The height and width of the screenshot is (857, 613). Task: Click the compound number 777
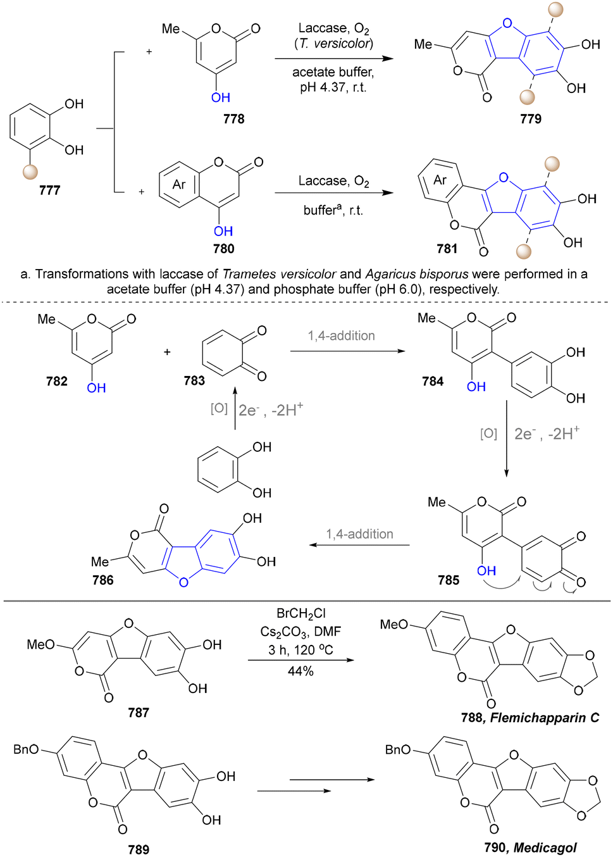click(50, 190)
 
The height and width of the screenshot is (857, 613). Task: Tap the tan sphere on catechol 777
click(30, 172)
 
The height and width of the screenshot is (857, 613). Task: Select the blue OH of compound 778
click(221, 97)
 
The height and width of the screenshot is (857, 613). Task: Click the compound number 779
click(531, 119)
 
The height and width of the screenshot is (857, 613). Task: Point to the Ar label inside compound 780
click(179, 185)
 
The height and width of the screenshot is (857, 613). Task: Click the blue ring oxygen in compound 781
click(504, 177)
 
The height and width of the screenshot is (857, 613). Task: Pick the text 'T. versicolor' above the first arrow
click(333, 44)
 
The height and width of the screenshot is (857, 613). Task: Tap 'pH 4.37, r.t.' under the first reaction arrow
click(333, 87)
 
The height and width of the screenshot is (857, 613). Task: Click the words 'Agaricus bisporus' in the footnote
click(417, 274)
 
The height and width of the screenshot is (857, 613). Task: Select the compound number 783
click(194, 380)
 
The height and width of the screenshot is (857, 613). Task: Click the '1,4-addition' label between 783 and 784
click(342, 335)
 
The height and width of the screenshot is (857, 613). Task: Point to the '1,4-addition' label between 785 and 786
click(359, 534)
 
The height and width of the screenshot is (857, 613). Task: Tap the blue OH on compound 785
click(486, 571)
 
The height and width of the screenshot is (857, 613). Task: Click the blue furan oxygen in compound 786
click(183, 582)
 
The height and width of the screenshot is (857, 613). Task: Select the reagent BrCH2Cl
click(301, 614)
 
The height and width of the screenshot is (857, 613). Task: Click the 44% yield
click(300, 671)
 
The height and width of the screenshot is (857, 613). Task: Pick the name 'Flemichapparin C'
click(545, 717)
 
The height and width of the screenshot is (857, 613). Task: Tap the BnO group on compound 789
click(26, 749)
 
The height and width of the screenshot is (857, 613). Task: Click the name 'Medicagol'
click(545, 848)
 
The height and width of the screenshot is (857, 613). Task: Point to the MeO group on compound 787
click(40, 645)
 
